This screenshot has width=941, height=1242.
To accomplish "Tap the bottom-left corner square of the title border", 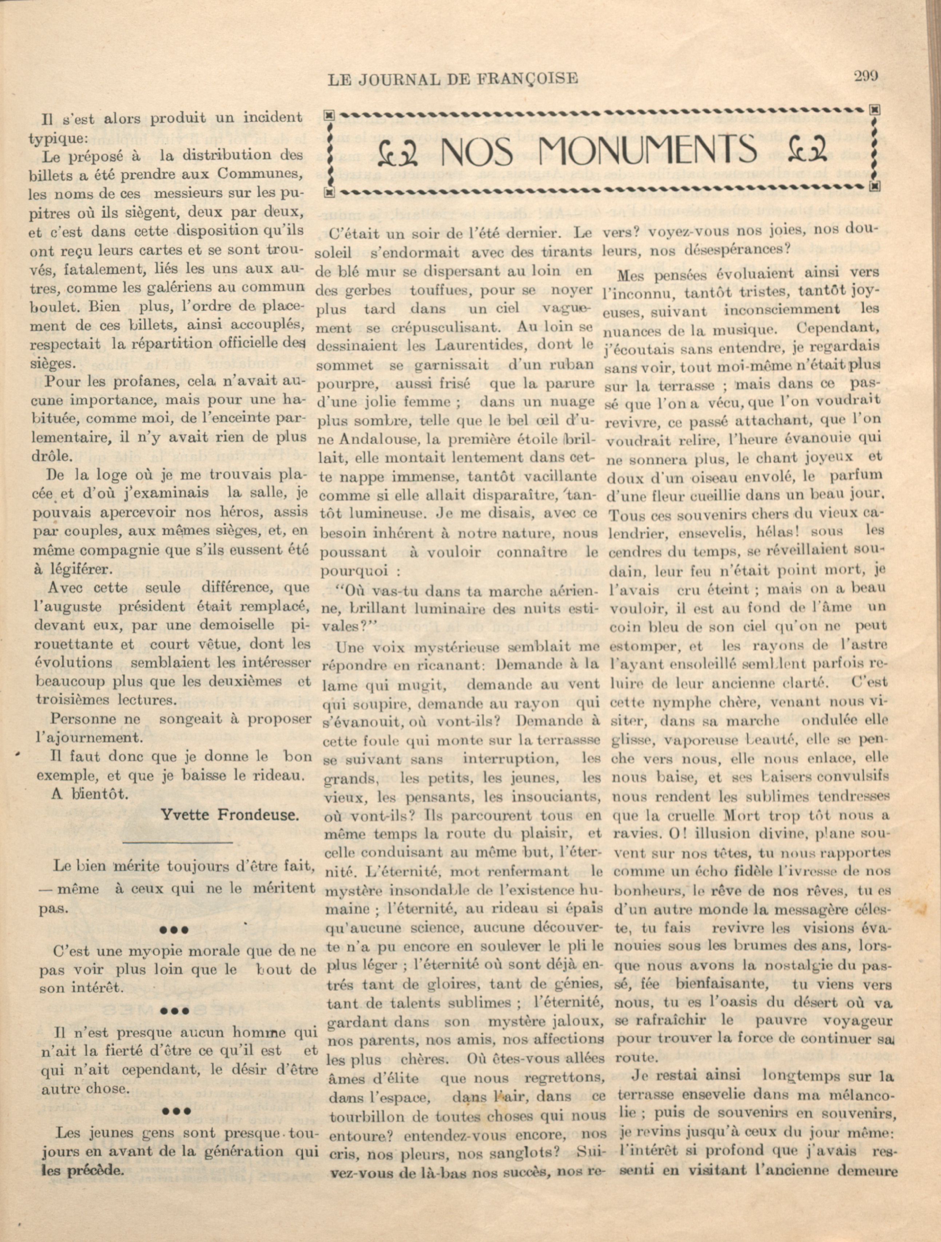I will click(330, 193).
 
